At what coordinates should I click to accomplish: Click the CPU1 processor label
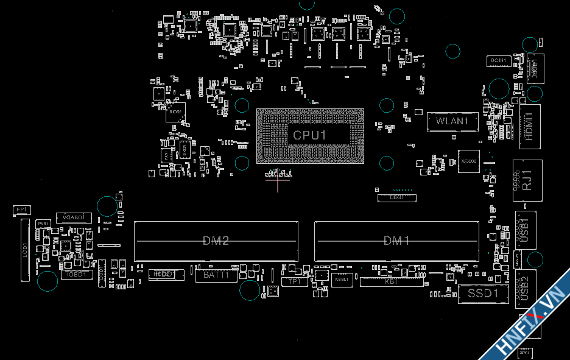pyautogui.click(x=310, y=135)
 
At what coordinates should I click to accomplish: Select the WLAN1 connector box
pyautogui.click(x=451, y=121)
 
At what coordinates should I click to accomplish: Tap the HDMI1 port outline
pyautogui.click(x=529, y=126)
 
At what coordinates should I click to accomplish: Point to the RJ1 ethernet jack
pyautogui.click(x=527, y=180)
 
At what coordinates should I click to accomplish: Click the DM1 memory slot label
pyautogui.click(x=396, y=241)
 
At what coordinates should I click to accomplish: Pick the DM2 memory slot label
pyautogui.click(x=216, y=241)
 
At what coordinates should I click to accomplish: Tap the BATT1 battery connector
pyautogui.click(x=216, y=275)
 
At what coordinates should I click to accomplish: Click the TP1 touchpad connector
pyautogui.click(x=295, y=281)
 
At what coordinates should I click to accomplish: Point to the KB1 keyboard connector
pyautogui.click(x=391, y=281)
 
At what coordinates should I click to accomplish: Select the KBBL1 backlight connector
pyautogui.click(x=341, y=280)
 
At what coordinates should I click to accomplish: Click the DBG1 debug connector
pyautogui.click(x=396, y=197)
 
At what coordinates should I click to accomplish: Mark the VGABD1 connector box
pyautogui.click(x=73, y=217)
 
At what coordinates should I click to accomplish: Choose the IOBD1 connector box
pyautogui.click(x=77, y=275)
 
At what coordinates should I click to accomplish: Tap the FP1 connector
pyautogui.click(x=21, y=210)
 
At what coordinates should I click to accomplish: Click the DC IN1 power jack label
pyautogui.click(x=498, y=60)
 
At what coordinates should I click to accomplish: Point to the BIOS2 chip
pyautogui.click(x=175, y=112)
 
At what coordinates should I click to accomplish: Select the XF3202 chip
pyautogui.click(x=468, y=161)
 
